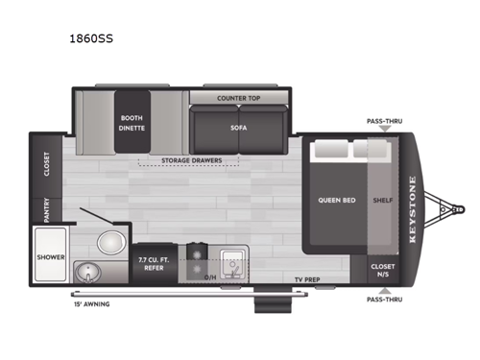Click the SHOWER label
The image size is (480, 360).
50,257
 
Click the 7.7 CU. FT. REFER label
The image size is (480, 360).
154,262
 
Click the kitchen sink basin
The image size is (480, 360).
231,260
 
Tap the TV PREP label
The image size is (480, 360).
308,278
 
